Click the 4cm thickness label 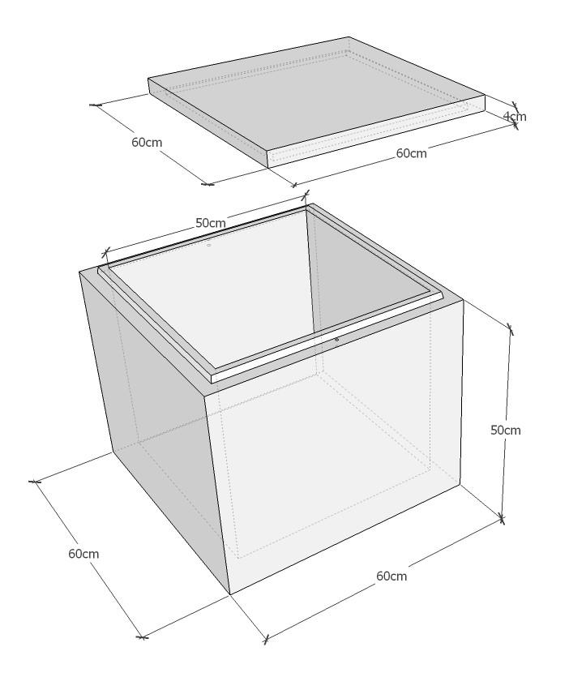[515, 117]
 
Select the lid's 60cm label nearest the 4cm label [412, 153]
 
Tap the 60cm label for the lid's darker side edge [147, 143]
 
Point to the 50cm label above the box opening [211, 223]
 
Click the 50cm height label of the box [506, 430]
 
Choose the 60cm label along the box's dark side [83, 554]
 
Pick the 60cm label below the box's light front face [391, 576]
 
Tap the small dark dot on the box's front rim [336, 339]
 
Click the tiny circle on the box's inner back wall [209, 245]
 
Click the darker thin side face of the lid [207, 123]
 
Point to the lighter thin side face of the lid [377, 131]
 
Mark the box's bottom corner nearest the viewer [230, 595]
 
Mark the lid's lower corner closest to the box [268, 168]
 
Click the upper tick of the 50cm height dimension [511, 328]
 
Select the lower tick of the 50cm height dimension [501, 519]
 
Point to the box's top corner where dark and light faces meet [204, 395]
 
